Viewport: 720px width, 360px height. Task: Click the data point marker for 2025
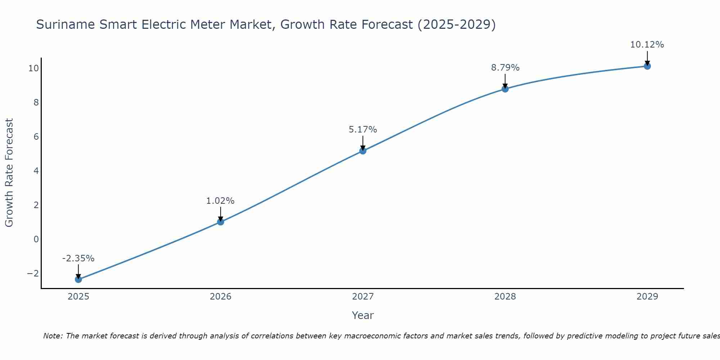point(78,279)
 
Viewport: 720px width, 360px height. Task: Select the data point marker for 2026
point(221,222)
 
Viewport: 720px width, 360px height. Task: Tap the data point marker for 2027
point(363,151)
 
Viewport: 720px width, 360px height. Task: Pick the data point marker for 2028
point(505,89)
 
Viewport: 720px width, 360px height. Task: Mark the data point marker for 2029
point(647,66)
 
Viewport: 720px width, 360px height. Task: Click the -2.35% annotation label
point(78,258)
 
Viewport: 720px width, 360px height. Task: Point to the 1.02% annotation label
point(220,201)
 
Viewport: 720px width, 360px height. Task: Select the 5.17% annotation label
point(363,130)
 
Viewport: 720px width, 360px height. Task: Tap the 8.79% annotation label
point(505,68)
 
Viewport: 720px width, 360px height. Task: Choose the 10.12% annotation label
point(647,45)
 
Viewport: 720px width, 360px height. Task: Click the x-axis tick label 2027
point(363,297)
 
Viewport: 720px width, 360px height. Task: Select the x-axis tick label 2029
point(647,297)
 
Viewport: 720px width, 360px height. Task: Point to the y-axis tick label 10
point(33,68)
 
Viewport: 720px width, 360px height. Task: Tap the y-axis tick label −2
point(33,274)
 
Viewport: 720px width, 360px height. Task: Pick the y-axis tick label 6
point(36,137)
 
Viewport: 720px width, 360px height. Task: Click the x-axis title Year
point(363,315)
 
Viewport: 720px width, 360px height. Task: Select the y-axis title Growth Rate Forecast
point(9,172)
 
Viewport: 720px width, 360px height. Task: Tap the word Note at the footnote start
point(53,336)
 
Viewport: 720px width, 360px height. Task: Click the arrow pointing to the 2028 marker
point(505,81)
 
